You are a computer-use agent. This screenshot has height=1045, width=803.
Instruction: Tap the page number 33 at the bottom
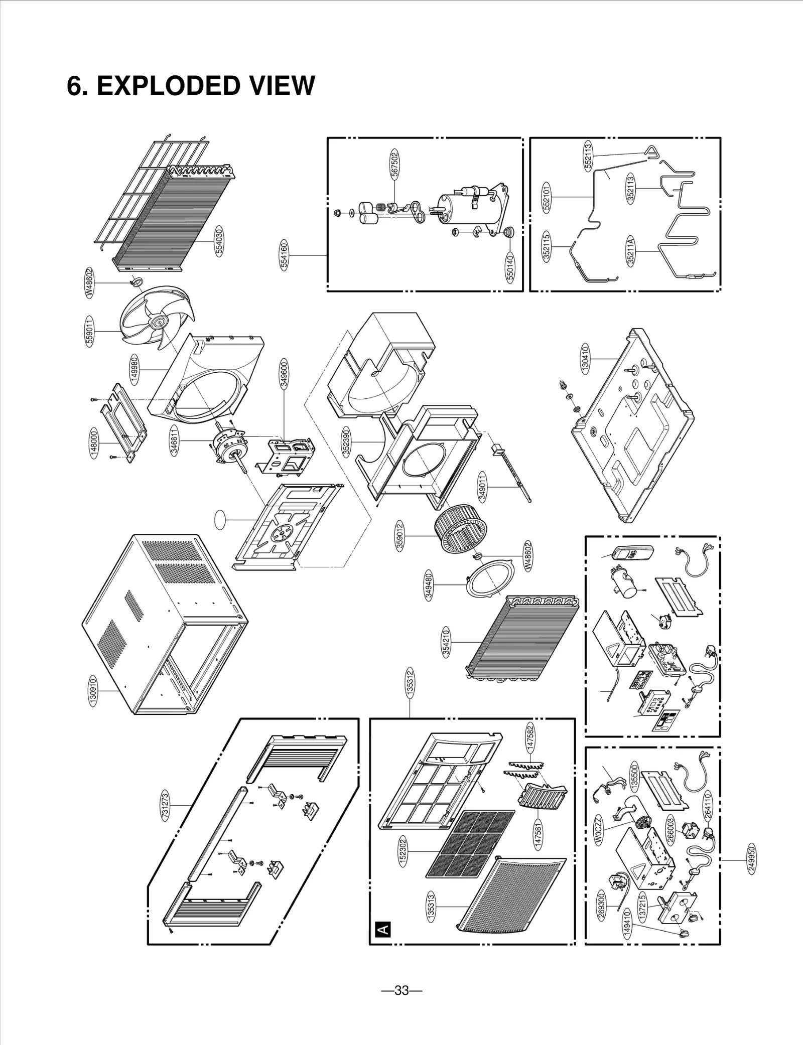401,990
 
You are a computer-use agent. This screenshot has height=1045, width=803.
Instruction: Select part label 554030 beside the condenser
219,241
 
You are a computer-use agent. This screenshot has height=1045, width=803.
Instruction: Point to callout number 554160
284,255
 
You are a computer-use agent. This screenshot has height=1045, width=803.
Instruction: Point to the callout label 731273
165,805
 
